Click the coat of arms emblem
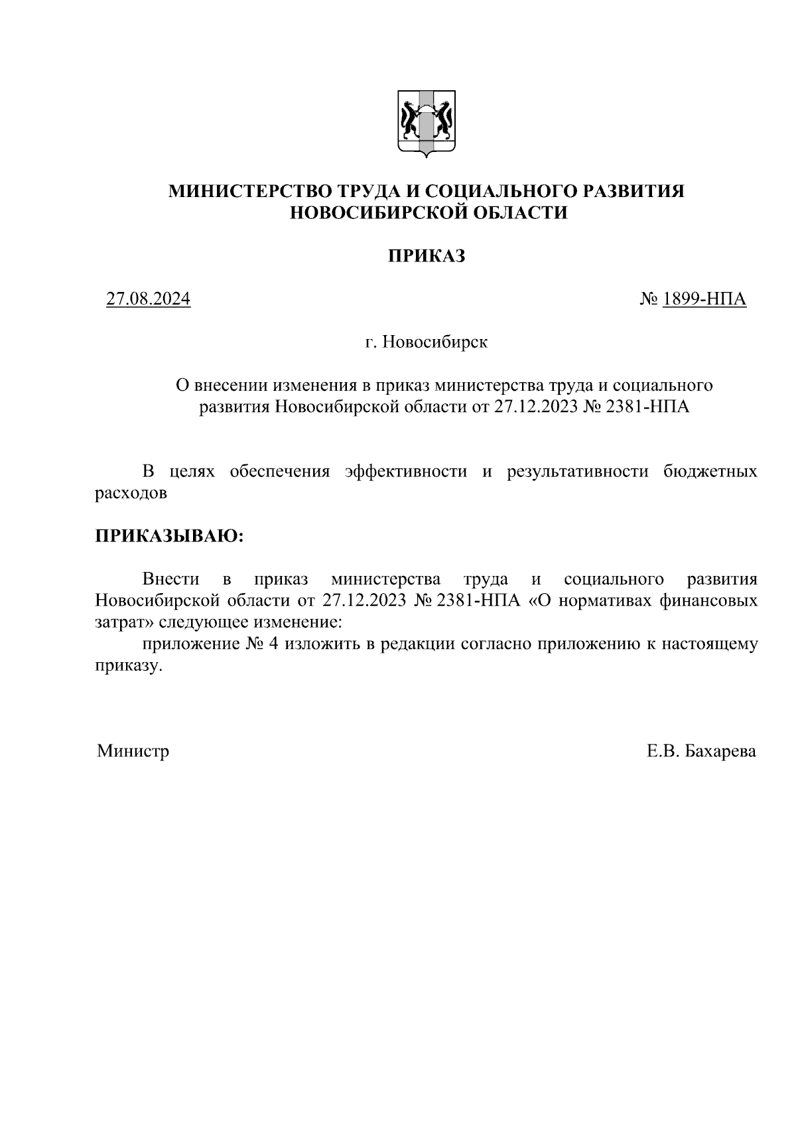click(x=426, y=123)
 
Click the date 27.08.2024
click(x=149, y=299)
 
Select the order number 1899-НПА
click(x=704, y=299)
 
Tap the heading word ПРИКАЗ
click(x=426, y=256)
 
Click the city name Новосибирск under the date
click(x=436, y=342)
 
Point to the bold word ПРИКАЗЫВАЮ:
click(x=170, y=535)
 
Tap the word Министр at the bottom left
click(x=133, y=751)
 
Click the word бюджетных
click(x=710, y=472)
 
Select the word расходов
click(x=131, y=493)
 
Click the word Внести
click(x=170, y=579)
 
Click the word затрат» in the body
click(x=124, y=622)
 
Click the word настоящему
click(x=712, y=644)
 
